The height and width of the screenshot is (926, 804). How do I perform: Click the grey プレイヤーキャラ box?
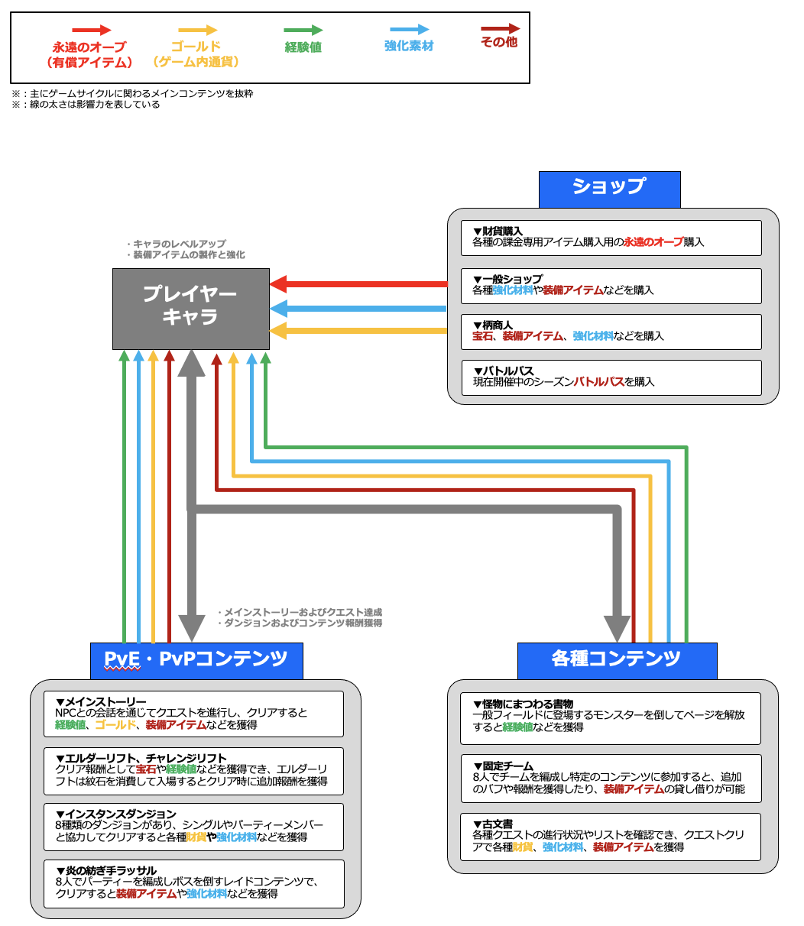pos(190,309)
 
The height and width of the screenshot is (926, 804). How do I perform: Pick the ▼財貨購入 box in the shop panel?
pos(611,237)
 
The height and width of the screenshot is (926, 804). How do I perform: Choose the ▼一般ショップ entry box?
pos(611,285)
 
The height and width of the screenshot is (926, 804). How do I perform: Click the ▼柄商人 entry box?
pos(611,331)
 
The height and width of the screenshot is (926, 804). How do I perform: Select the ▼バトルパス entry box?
pos(611,377)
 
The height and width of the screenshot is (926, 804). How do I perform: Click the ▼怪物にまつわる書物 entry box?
pos(611,717)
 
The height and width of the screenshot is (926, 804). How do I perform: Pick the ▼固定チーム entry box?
pos(611,778)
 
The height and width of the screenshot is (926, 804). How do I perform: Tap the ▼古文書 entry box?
pos(611,836)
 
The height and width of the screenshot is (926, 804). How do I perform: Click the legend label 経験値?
pos(303,47)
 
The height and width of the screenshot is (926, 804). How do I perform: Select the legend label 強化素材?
pos(409,46)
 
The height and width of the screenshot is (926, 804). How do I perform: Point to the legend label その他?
pos(499,43)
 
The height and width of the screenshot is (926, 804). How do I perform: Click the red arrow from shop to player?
pos(359,284)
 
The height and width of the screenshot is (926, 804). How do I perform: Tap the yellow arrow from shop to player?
pos(359,331)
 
